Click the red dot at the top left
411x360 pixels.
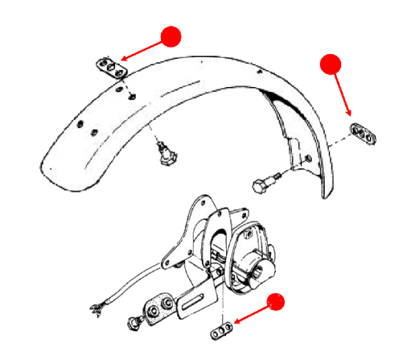pyautogui.click(x=170, y=36)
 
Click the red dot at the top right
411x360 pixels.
pyautogui.click(x=331, y=64)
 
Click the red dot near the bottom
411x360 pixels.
pyautogui.click(x=276, y=302)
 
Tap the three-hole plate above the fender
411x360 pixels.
pyautogui.click(x=110, y=68)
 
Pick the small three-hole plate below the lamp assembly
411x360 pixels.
pyautogui.click(x=220, y=332)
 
